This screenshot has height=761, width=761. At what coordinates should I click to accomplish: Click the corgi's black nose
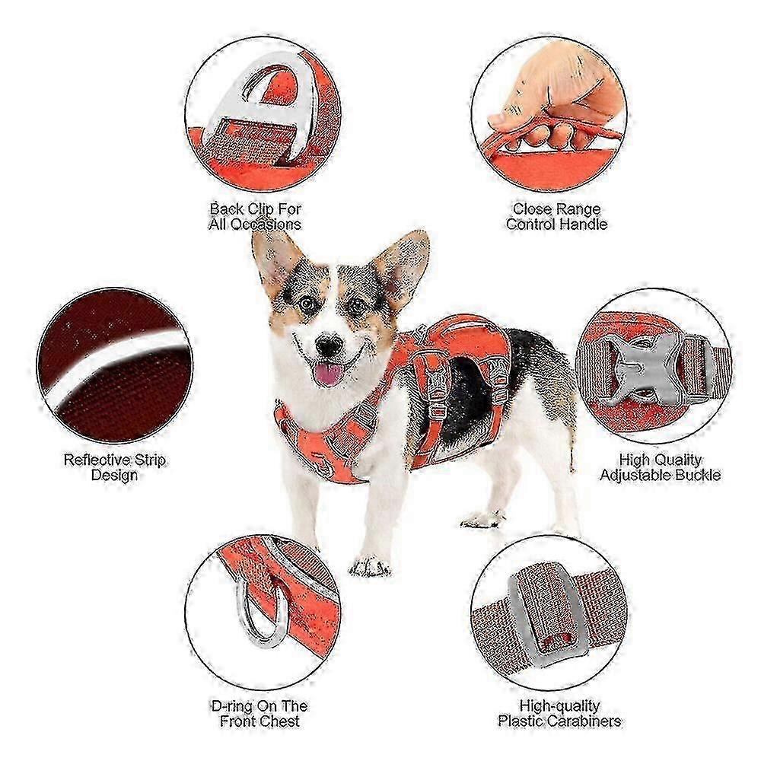coord(329,346)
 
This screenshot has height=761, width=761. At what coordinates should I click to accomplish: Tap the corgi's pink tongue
coord(327,374)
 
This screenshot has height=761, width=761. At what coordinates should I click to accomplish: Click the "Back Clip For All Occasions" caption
coord(255,216)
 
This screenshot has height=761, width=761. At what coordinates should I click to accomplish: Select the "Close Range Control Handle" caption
coord(556,216)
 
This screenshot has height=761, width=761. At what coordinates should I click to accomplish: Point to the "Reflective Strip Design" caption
coord(115,467)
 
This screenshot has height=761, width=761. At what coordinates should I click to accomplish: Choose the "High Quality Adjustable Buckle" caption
coord(660,467)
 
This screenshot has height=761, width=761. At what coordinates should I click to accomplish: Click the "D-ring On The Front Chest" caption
coord(260,713)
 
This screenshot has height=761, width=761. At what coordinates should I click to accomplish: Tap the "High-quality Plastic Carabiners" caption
coord(559,713)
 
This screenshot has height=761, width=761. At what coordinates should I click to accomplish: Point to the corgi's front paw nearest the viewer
coord(370,566)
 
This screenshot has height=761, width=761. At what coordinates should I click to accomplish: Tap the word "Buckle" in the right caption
coord(697,475)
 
